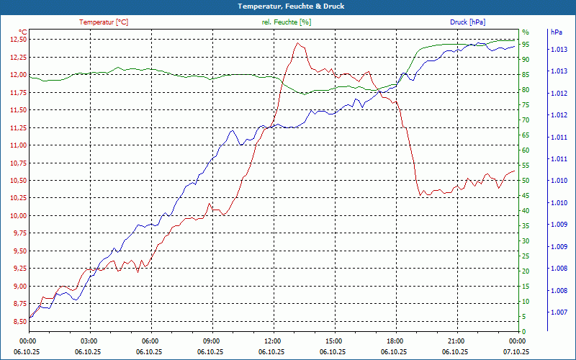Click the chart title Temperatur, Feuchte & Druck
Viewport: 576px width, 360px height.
click(287, 6)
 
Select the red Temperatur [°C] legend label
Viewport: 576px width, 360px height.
click(104, 22)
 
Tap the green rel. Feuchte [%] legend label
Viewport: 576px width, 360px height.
click(287, 22)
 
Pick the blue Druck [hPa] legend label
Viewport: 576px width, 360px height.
click(468, 22)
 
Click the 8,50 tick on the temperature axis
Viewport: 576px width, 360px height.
click(17, 321)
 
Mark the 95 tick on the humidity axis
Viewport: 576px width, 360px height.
click(526, 44)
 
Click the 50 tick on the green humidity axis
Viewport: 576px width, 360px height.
click(526, 180)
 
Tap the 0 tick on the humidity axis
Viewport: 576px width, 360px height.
click(523, 331)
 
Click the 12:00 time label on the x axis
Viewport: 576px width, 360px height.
click(272, 341)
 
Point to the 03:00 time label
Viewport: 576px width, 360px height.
click(89, 341)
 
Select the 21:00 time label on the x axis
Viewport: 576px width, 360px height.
click(456, 341)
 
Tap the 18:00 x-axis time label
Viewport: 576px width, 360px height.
click(395, 341)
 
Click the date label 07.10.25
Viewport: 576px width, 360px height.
click(516, 351)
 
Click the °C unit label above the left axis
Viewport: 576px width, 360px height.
click(22, 32)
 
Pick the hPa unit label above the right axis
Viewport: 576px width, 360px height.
click(556, 32)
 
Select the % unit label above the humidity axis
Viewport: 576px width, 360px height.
click(526, 32)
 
